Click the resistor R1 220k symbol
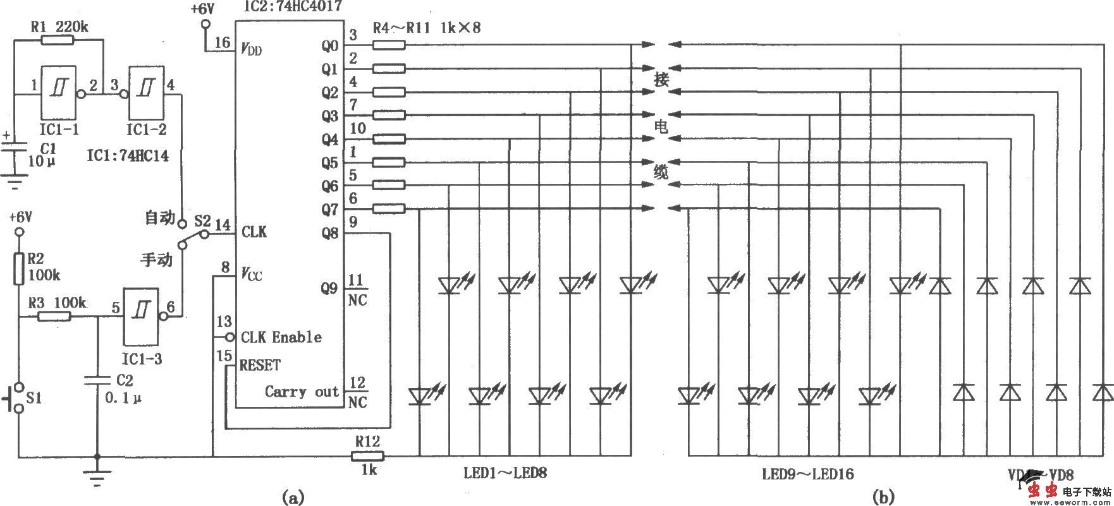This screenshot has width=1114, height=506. click(58, 40)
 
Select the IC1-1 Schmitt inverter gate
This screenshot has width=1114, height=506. click(58, 92)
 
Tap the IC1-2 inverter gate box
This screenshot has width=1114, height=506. click(147, 92)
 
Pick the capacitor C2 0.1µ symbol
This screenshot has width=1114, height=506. click(97, 380)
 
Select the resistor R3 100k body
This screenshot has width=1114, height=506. click(54, 317)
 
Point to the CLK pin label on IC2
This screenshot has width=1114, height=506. click(254, 232)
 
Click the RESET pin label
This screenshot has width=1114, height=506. click(260, 365)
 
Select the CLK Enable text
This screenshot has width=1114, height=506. click(281, 337)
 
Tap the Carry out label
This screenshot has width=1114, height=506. click(302, 392)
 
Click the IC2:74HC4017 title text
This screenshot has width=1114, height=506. click(291, 6)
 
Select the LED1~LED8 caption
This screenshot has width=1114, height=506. click(505, 473)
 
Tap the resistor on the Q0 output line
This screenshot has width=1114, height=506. click(388, 45)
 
